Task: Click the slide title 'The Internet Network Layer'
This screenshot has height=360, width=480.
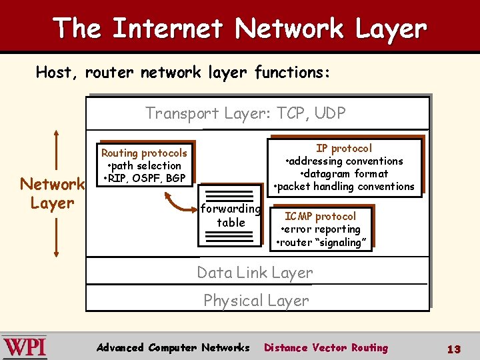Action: coord(239,28)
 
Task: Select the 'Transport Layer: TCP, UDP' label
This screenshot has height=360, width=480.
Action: coord(245,113)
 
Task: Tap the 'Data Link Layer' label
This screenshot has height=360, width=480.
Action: coord(255,273)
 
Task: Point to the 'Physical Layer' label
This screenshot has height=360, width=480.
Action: coord(256,301)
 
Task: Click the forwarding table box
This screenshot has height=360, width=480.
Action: coord(231,215)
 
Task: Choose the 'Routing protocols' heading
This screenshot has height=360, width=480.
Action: coord(144,153)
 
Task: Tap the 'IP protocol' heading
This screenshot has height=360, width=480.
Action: coord(344,148)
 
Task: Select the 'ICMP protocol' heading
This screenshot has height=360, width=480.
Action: coord(320,216)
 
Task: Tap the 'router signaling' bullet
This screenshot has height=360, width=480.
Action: coord(321,243)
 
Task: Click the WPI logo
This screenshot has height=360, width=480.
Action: coord(24,347)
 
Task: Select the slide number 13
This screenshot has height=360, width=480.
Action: coord(454,349)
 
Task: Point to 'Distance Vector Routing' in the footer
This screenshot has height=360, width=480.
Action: coord(325,347)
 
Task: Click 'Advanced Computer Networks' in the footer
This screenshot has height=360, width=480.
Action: coord(173,347)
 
